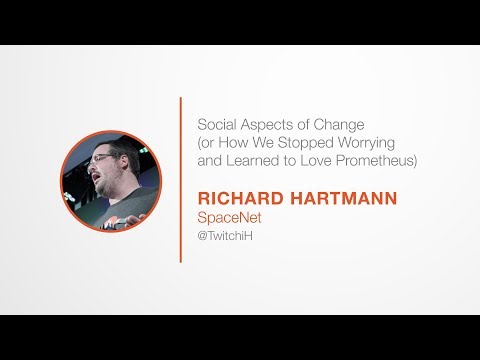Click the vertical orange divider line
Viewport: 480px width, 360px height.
click(x=181, y=180)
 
